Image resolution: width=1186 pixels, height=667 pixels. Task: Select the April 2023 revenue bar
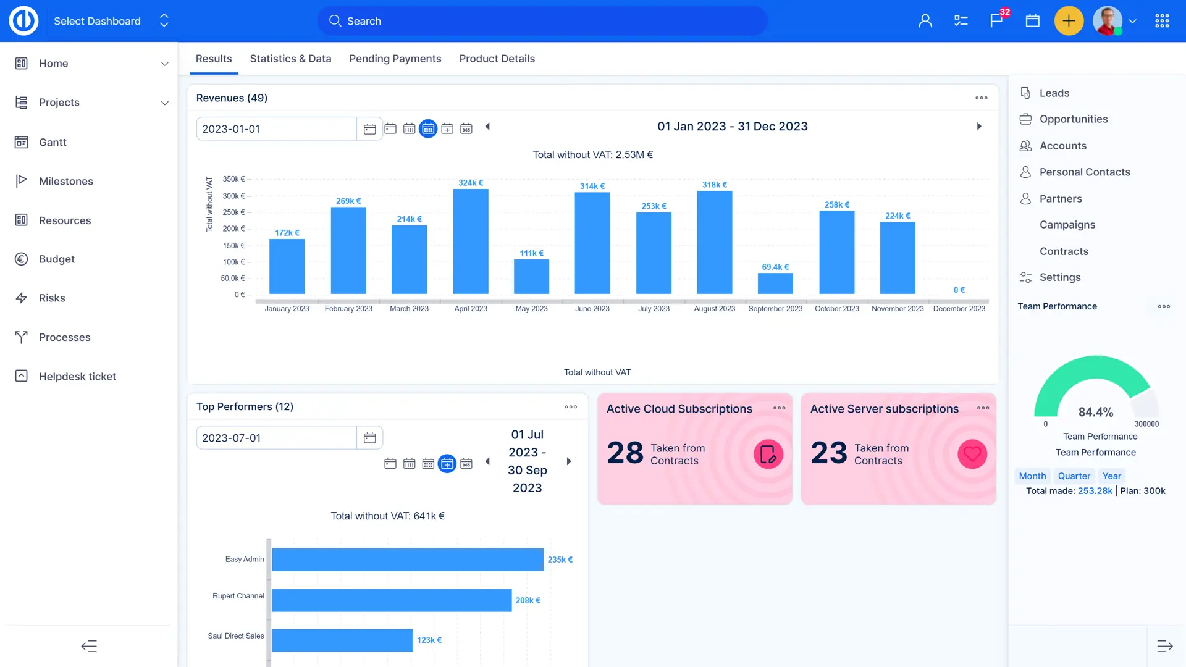coord(471,241)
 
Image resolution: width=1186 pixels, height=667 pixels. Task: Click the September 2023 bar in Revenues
coord(775,283)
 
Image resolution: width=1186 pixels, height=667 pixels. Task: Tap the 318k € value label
coord(715,185)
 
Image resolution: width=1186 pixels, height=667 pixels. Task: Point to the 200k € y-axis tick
coord(234,229)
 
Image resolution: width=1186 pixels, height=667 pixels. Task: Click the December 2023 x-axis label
coord(959,309)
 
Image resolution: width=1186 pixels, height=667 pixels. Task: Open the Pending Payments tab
coord(395,59)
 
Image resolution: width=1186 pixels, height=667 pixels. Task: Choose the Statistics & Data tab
coord(290,59)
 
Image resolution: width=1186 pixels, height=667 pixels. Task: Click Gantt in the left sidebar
coord(53,142)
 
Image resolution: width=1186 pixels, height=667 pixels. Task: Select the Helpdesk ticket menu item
coord(77,376)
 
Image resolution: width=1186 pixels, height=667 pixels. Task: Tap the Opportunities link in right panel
coord(1073,119)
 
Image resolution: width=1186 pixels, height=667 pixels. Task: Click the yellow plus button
coord(1069,21)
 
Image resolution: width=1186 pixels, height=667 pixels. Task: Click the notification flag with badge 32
coord(996,21)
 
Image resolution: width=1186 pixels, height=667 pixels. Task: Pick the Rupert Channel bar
coord(392,600)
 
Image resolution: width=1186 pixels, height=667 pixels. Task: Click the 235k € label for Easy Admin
coord(560,560)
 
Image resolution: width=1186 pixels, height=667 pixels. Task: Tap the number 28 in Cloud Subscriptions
coord(625,453)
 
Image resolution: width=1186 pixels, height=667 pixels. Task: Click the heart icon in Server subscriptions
coord(972,454)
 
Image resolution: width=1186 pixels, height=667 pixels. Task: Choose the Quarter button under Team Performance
coord(1074,476)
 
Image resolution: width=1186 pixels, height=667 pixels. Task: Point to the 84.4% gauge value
coord(1096,412)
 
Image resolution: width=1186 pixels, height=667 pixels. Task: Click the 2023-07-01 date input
coord(276,438)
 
